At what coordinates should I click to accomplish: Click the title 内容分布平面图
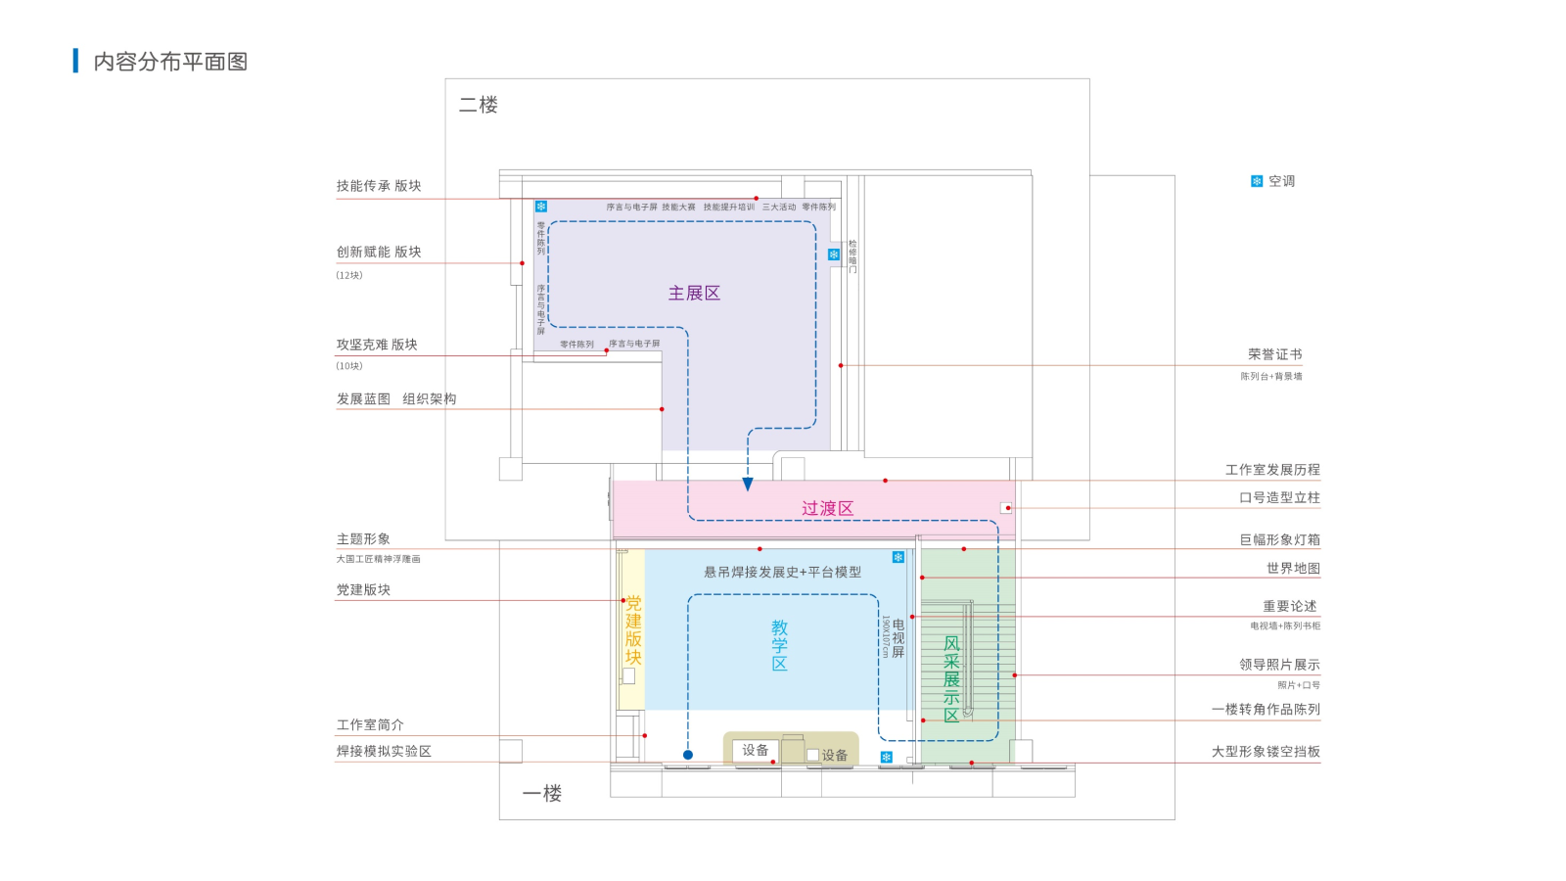pos(170,62)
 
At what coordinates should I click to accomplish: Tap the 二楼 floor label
pos(479,105)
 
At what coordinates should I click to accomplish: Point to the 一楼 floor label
pos(542,793)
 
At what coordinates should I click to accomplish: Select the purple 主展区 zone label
pos(694,293)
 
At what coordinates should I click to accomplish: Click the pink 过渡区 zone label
pos(827,508)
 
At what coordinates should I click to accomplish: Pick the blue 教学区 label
pos(779,645)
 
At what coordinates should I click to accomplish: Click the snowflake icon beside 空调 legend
pos(1257,181)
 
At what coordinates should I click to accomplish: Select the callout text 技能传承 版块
pos(379,186)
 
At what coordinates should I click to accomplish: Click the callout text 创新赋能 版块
pos(379,252)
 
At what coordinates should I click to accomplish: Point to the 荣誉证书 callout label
pos(1274,354)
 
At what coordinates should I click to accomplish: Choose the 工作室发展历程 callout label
pos(1272,470)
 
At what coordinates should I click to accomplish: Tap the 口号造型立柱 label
pos(1279,497)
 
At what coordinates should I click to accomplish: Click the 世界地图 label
pos(1293,568)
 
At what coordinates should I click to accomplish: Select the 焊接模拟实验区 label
pos(384,751)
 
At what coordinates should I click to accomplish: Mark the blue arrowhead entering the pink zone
pos(748,484)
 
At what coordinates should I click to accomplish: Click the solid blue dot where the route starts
pos(688,755)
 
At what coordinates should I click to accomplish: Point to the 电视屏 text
pos(898,638)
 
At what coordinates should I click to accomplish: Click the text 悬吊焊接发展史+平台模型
pos(782,572)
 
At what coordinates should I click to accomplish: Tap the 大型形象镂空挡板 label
pos(1266,752)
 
